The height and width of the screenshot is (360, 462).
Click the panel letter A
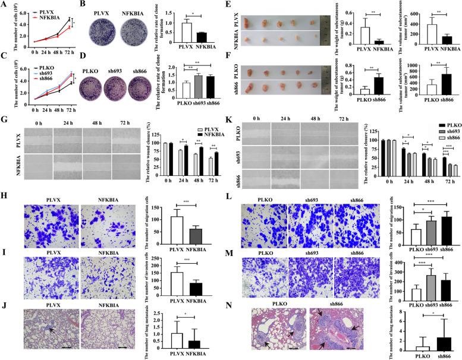pos(4,5)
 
